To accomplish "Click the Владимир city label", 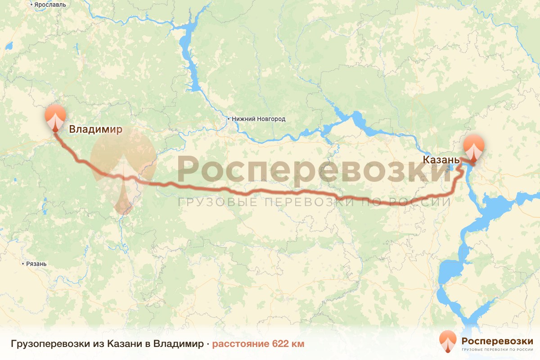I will click(x=95, y=130).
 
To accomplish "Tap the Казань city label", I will click(x=441, y=160).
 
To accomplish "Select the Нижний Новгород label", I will click(x=259, y=119).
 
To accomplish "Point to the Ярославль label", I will click(x=50, y=5).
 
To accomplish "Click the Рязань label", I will click(x=36, y=264).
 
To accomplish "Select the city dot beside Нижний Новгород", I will click(x=229, y=119).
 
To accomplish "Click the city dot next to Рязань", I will click(x=23, y=264).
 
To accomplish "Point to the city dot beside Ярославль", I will click(x=31, y=5).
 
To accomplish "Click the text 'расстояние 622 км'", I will click(x=258, y=344).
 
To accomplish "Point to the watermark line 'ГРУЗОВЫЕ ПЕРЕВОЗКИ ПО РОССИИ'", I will click(x=314, y=201).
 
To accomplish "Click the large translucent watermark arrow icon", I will click(x=122, y=171).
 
